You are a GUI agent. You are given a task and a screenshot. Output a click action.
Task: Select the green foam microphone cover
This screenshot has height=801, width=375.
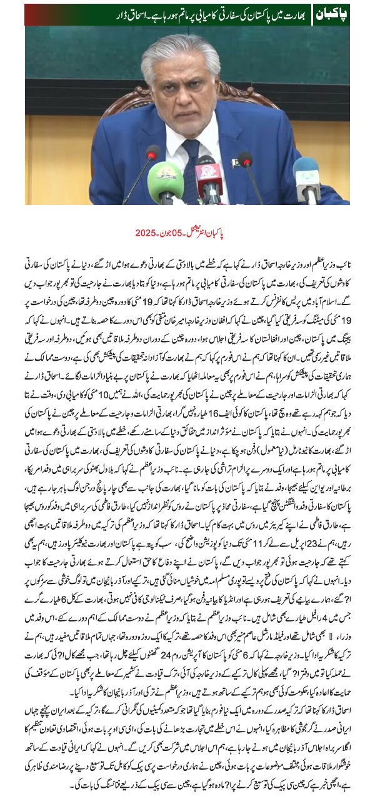pos(165,182)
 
